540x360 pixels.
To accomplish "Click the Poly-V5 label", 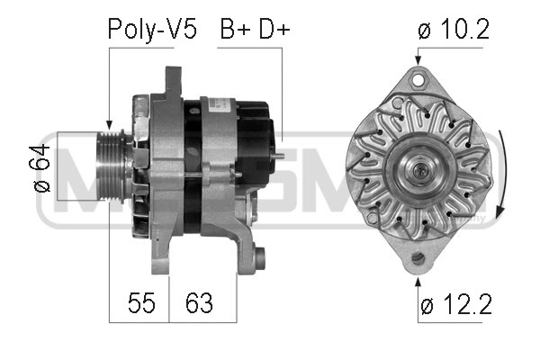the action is tap(152, 30).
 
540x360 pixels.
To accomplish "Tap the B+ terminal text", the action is tap(235, 30).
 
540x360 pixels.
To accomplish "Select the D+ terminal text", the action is tap(274, 30).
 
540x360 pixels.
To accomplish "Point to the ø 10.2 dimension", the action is tap(454, 29).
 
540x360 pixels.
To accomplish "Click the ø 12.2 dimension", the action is tap(456, 304).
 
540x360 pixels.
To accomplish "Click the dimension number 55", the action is tap(141, 302).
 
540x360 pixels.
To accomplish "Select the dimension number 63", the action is tap(199, 302).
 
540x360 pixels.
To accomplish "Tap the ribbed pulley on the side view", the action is tap(111, 167).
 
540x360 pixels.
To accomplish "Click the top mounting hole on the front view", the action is tap(418, 79).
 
